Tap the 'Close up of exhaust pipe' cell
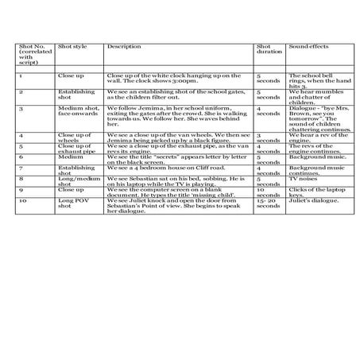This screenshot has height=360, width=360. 74,147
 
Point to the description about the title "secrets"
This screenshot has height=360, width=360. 170,159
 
